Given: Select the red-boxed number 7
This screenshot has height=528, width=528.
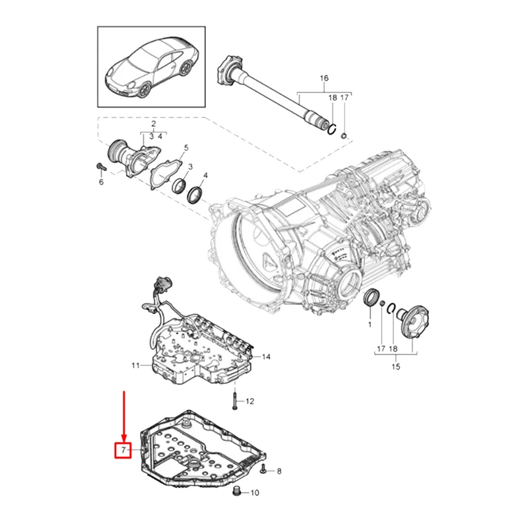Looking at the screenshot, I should pos(123,450).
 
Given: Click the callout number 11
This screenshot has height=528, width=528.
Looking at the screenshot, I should pos(135,365).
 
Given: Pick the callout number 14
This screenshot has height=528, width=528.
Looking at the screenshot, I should pos(267,357).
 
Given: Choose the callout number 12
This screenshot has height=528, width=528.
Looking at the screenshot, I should pos(249,401).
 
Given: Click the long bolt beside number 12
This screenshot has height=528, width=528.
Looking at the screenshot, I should pos(234,400).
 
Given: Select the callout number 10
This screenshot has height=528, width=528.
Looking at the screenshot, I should pos(255,492).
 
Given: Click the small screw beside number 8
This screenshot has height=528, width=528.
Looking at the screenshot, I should pos(263,470).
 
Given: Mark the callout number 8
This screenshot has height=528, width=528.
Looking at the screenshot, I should pos(279,471).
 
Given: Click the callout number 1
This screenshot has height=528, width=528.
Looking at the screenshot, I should pos(370,325).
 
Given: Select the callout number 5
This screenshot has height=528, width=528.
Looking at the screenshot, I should pos(186,148).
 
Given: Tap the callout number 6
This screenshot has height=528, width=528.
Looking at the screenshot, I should pos(101,181).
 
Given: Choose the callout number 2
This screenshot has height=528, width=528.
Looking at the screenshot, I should pos(153,123).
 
